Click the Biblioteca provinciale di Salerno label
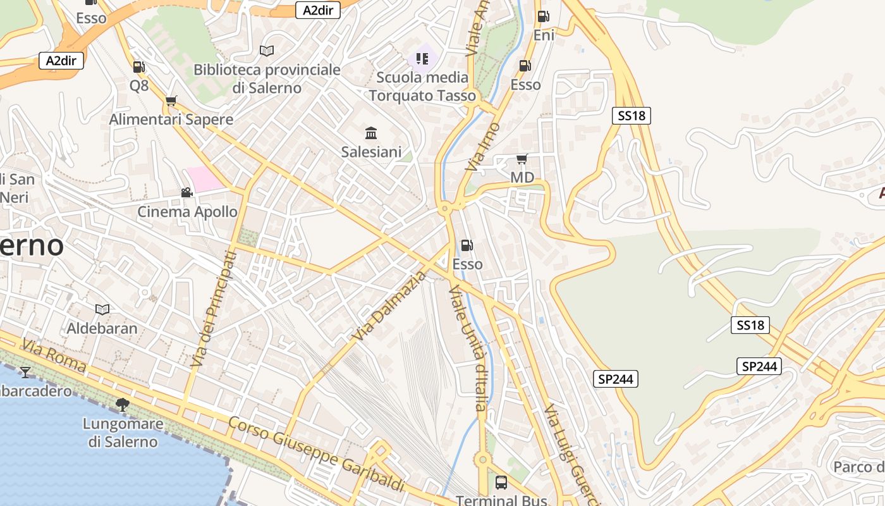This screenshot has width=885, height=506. (x=267, y=78)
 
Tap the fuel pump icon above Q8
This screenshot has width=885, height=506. (x=138, y=66)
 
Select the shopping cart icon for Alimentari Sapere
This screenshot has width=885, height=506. (x=171, y=101)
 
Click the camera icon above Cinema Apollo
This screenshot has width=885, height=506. (x=186, y=192)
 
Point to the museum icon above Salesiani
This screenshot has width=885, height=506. (x=371, y=133)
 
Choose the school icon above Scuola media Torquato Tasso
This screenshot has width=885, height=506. (x=422, y=59)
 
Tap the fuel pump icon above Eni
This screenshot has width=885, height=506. (x=543, y=16)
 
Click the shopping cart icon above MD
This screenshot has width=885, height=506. (x=522, y=159)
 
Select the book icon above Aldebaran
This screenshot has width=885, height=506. (x=102, y=309)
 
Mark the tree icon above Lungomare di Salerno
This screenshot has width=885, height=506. (x=123, y=405)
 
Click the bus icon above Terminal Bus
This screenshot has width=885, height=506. (x=501, y=483)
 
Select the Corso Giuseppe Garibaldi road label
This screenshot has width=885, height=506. (x=316, y=454)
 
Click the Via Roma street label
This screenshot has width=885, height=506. (x=54, y=355)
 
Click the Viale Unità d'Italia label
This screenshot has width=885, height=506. (x=468, y=348)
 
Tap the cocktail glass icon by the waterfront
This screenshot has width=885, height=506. (x=25, y=372)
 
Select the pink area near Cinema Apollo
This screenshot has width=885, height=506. (x=204, y=179)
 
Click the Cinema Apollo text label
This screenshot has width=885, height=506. (x=188, y=212)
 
